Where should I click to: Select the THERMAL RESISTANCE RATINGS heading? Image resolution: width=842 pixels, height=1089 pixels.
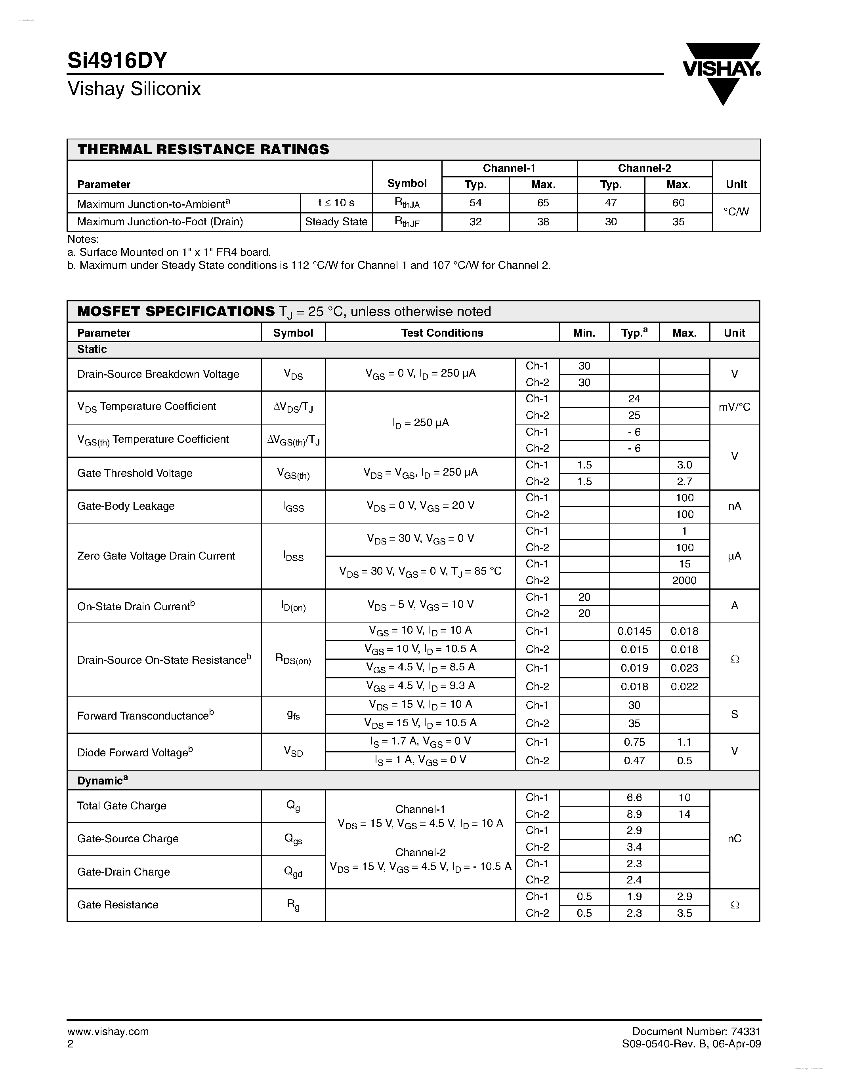point(203,150)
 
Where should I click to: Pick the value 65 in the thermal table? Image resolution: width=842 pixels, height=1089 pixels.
point(543,203)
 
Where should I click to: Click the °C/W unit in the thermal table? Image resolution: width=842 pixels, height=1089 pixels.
point(736,212)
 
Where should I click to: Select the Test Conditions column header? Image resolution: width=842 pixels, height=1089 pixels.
point(442,333)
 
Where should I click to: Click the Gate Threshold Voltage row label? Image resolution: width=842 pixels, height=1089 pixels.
point(135,473)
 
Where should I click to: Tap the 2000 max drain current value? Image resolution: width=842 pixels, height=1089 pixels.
point(684,581)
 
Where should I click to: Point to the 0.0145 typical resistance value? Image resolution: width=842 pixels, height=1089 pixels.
point(634,631)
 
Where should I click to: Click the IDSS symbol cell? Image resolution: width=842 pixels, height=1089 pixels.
point(293,556)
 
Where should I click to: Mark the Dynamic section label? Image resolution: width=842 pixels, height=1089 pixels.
point(102,781)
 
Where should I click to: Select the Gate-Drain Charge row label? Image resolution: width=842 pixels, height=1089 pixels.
point(123,872)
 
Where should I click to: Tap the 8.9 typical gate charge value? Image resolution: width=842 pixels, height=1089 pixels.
point(634,814)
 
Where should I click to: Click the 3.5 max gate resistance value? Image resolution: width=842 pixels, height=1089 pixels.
point(684,913)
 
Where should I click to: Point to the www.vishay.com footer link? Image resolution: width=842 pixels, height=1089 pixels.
point(108,1032)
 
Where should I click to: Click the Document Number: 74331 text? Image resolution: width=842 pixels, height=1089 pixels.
point(696,1032)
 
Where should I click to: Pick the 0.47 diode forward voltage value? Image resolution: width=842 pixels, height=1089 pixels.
point(634,761)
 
